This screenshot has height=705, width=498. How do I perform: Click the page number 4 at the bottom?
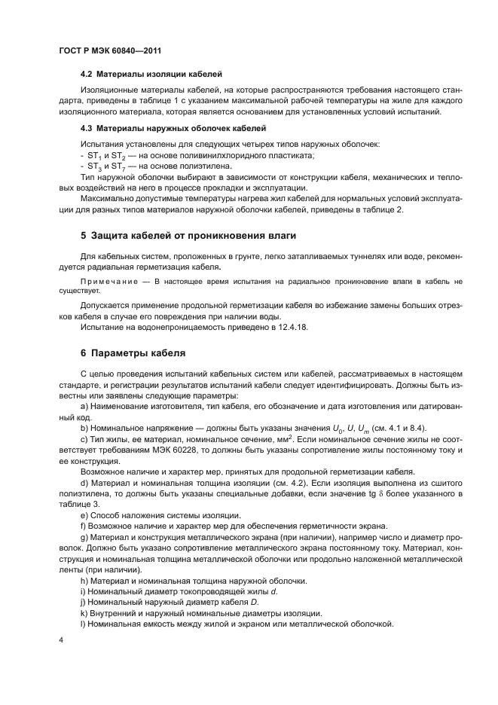pyautogui.click(x=61, y=639)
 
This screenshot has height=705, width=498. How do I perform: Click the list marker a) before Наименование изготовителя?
pyautogui.click(x=84, y=407)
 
